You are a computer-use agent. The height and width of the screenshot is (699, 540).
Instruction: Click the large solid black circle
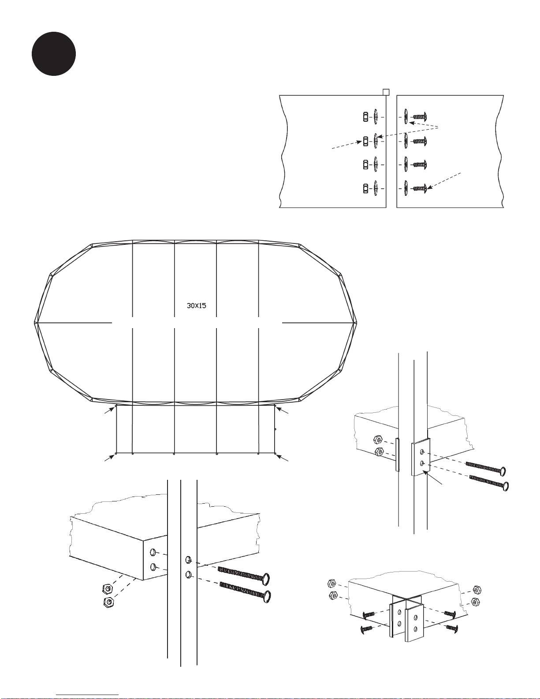pyautogui.click(x=54, y=54)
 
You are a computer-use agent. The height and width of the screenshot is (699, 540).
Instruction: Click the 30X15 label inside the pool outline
pyautogui.click(x=197, y=306)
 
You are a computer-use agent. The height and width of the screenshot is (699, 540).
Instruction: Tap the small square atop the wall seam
pyautogui.click(x=386, y=92)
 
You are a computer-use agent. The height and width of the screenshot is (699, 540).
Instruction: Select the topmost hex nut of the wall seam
pyautogui.click(x=365, y=117)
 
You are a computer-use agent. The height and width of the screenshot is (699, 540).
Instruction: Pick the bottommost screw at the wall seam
pyautogui.click(x=420, y=188)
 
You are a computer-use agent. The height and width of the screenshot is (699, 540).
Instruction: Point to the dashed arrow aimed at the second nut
pyautogui.click(x=347, y=145)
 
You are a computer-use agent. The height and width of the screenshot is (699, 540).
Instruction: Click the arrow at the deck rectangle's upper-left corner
pyautogui.click(x=110, y=410)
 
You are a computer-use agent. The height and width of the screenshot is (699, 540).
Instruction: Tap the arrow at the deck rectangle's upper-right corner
pyautogui.click(x=283, y=410)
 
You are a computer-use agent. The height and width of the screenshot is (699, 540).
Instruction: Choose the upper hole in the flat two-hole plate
pyautogui.click(x=422, y=452)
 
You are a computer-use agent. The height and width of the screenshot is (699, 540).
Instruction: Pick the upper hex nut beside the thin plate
pyautogui.click(x=377, y=439)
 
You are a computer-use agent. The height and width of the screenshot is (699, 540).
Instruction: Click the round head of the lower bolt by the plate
pyautogui.click(x=505, y=486)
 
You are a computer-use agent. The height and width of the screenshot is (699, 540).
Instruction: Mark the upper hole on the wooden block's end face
pyautogui.click(x=153, y=553)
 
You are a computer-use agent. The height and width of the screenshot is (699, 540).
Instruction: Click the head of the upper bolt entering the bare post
pyautogui.click(x=266, y=579)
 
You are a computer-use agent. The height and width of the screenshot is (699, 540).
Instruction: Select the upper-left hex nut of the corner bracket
pyautogui.click(x=331, y=583)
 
